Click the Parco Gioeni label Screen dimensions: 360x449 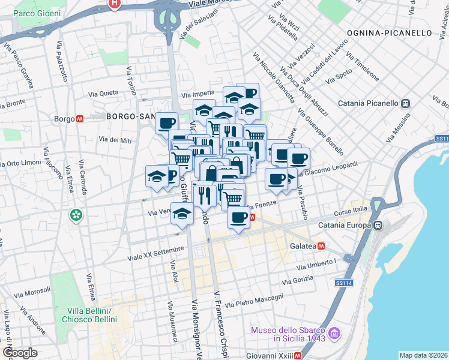tap(37, 13)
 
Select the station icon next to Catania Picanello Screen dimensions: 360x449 tap(406, 103)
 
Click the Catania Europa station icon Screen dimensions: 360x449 tap(378, 226)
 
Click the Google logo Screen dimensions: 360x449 tap(19, 352)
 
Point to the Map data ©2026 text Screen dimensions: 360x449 tap(423, 355)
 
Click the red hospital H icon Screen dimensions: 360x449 tap(114, 4)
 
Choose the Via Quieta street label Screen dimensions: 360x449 tap(103, 94)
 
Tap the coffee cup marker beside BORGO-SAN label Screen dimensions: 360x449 tap(166, 124)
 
